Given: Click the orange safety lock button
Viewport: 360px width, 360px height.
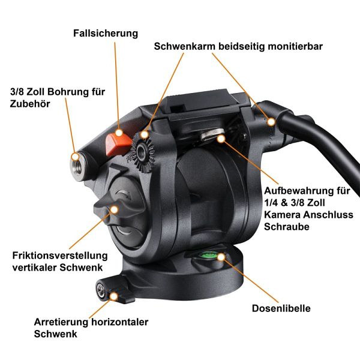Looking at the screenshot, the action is click(118, 144).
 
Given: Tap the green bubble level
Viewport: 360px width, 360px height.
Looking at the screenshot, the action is click(209, 255).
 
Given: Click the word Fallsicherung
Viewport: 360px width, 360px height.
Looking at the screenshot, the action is click(106, 33).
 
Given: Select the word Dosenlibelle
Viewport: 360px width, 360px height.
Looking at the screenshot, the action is click(281, 308).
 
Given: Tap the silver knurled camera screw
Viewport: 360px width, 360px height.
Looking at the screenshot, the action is click(212, 135).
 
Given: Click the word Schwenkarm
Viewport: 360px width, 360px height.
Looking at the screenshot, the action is click(185, 47).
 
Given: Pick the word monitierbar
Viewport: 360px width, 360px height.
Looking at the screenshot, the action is click(295, 47).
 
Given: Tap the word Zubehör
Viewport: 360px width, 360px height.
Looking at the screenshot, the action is click(30, 104).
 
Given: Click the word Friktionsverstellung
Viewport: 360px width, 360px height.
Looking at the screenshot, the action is click(60, 256).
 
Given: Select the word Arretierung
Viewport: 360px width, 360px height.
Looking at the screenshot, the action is click(61, 322).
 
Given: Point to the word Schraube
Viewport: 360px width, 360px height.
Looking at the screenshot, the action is click(287, 227).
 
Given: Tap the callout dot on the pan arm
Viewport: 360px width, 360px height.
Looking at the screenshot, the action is click(271, 122).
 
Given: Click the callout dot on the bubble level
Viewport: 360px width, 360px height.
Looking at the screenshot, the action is click(221, 257).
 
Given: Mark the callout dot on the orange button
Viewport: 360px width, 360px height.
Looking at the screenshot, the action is click(119, 133).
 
